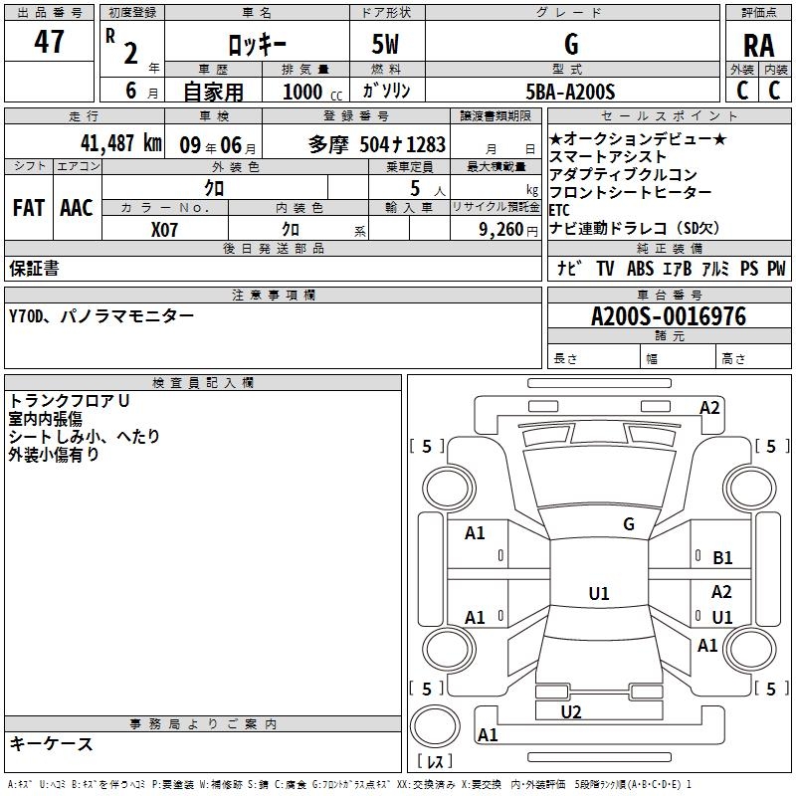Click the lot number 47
coord(49,42)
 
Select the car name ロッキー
coord(258,46)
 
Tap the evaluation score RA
coord(758,46)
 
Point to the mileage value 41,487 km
coord(121,143)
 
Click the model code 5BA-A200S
coord(570,92)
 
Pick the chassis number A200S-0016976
coord(669,316)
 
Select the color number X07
coord(164,230)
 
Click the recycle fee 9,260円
coord(508,230)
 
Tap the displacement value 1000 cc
coord(312,92)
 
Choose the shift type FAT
coord(29,208)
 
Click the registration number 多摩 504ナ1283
coord(377,144)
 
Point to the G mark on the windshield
coord(629,524)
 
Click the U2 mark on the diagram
coord(571,711)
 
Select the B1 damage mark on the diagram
coord(722,558)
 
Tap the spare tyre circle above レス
coord(435,726)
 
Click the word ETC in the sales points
coord(559,210)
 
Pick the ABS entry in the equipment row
coord(640,268)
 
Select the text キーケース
coord(52,743)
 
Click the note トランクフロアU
coord(69,401)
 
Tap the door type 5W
coord(385,44)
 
